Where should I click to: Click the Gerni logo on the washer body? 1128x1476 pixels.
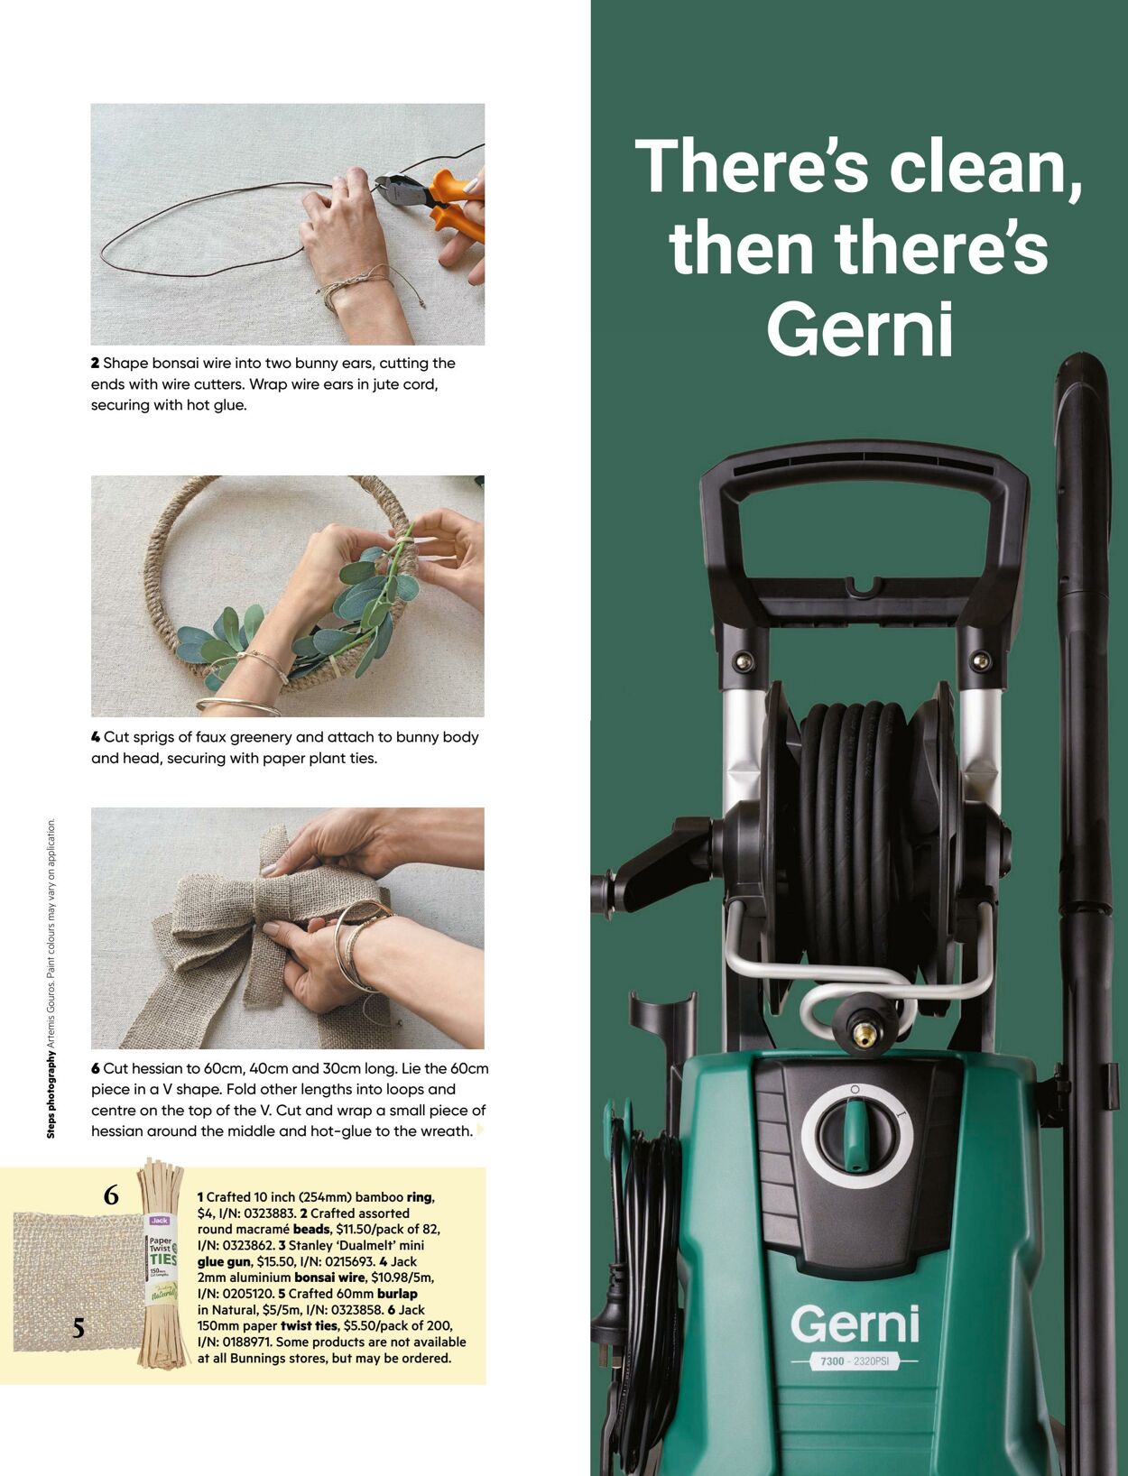855,1324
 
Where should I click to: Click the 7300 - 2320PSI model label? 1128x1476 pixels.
855,1361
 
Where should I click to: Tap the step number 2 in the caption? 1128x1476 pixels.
95,364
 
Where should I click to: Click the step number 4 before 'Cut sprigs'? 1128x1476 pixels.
96,737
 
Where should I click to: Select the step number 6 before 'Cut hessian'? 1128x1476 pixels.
96,1068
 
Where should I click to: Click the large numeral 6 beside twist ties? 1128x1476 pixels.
111,1195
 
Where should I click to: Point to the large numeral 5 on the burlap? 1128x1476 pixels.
79,1328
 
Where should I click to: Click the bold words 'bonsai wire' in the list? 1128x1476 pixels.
330,1278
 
